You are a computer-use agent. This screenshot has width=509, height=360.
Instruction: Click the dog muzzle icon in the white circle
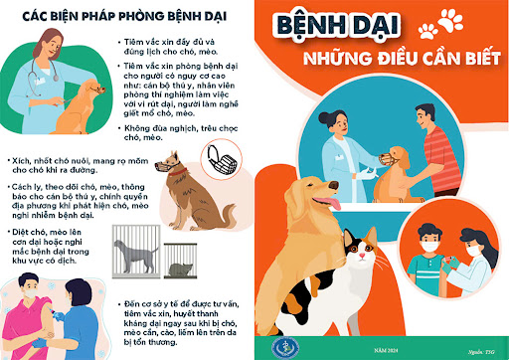pos(219,155)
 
